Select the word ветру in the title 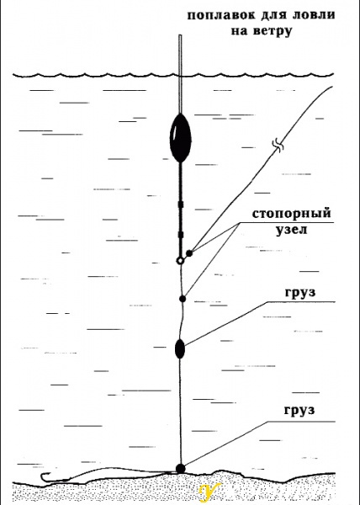click(273, 31)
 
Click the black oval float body click(181, 138)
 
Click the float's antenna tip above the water click(181, 35)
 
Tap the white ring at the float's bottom click(181, 261)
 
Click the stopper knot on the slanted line click(189, 253)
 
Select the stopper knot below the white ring click(183, 299)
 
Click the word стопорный click(292, 214)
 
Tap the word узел click(292, 230)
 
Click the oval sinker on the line click(180, 348)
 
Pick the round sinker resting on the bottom click(181, 469)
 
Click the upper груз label click(300, 293)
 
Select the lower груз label click(299, 411)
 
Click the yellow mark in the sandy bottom click(209, 492)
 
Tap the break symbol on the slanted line click(278, 146)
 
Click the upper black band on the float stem click(181, 205)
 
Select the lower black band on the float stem click(181, 235)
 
